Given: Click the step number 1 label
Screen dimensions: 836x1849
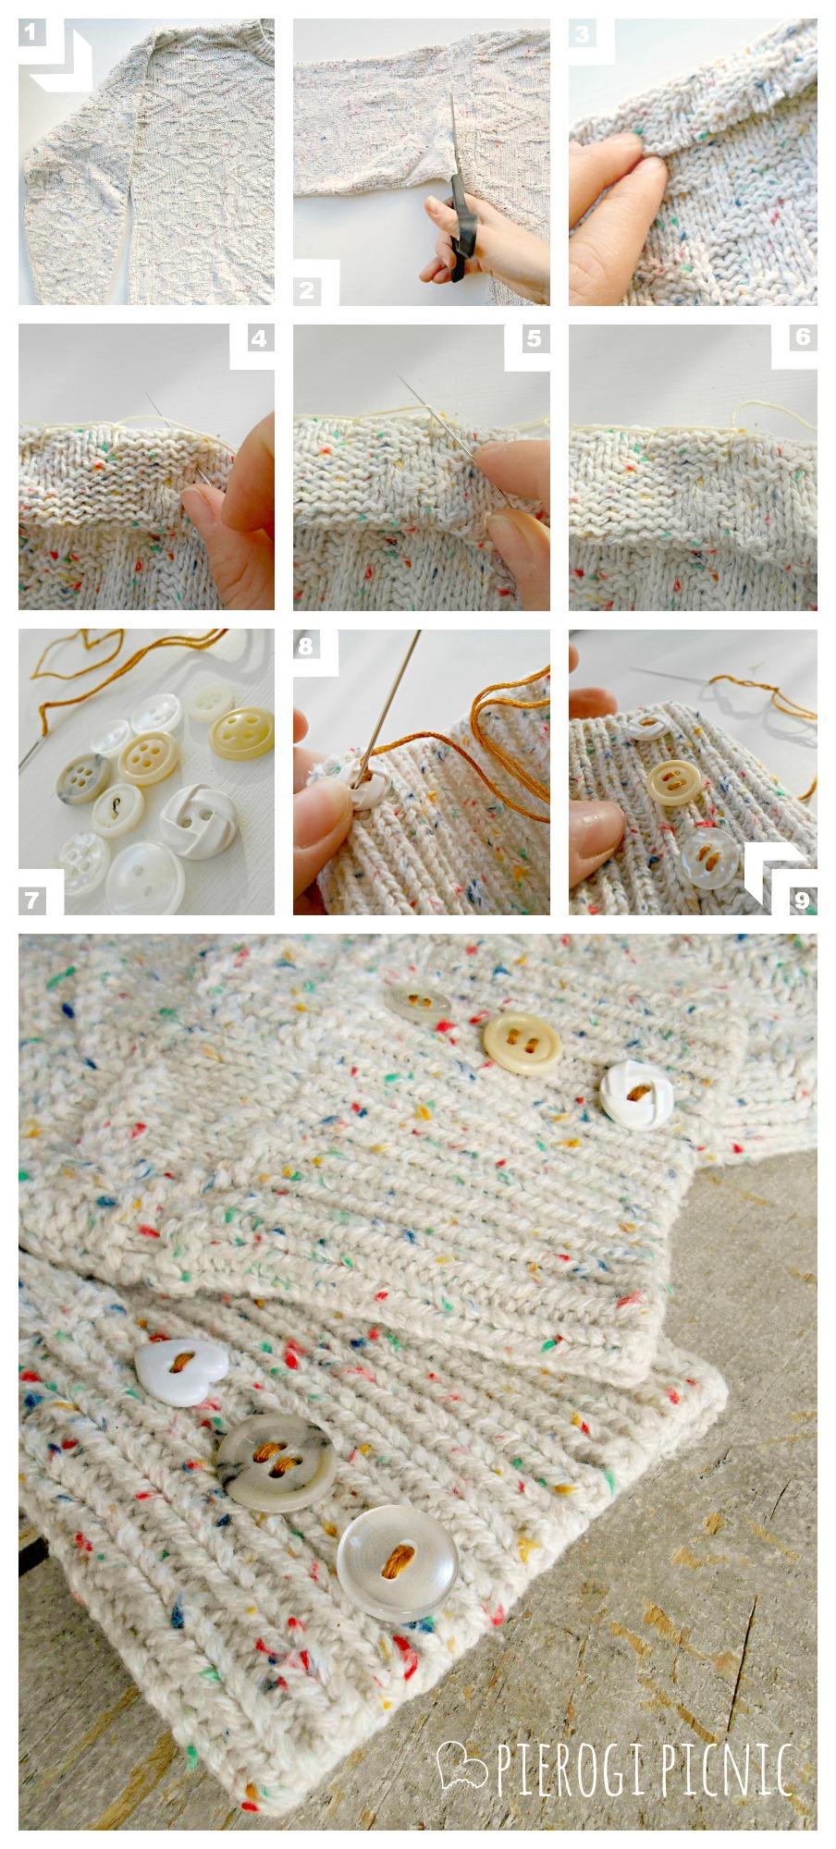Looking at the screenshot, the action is pyautogui.click(x=31, y=33).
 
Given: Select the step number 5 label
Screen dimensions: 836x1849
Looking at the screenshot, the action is pyautogui.click(x=534, y=338).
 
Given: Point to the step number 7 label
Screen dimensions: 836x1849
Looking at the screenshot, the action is pyautogui.click(x=32, y=900).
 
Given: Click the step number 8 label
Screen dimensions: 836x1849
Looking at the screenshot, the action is pyautogui.click(x=306, y=645).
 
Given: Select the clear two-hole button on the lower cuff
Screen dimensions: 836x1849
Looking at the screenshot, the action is pyautogui.click(x=399, y=1560).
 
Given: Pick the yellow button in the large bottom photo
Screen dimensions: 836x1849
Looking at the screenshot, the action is pyautogui.click(x=521, y=1045).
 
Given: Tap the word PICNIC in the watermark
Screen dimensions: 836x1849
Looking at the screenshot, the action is pyautogui.click(x=728, y=1769).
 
